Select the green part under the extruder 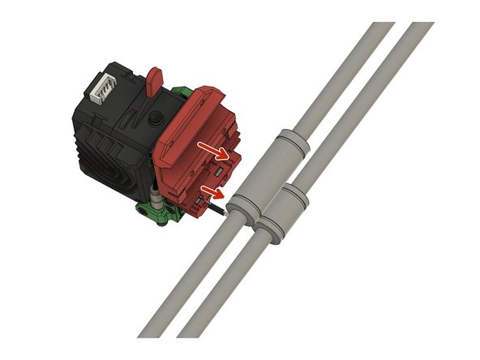pos(162,213)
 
